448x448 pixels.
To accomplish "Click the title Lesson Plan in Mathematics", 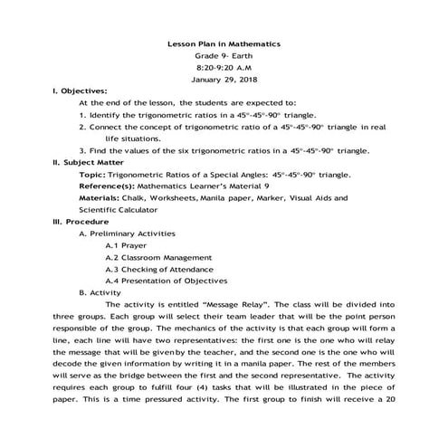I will pos(225,43).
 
